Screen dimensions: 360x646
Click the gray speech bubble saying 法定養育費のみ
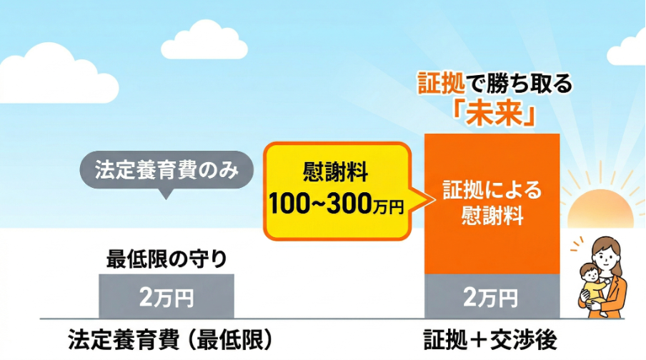(x=166, y=171)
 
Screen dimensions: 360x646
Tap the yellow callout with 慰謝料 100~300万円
(x=337, y=190)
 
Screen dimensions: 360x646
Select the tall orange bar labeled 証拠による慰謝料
(x=492, y=203)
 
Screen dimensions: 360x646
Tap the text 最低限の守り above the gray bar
(x=166, y=259)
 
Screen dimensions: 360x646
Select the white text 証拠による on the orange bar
(x=492, y=191)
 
